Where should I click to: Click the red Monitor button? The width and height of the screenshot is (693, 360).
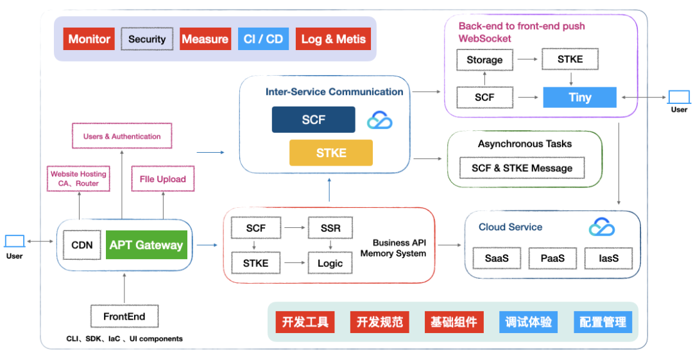point(89,39)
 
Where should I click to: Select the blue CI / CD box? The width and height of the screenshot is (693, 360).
point(263,39)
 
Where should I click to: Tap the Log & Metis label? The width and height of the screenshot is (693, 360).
point(333,39)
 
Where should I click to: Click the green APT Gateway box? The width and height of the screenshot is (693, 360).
point(146,245)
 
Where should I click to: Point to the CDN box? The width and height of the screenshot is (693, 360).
point(82,245)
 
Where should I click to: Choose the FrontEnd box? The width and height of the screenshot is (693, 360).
point(124,316)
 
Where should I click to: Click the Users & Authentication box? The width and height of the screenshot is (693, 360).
point(122,136)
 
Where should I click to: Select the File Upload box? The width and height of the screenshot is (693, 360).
point(163,179)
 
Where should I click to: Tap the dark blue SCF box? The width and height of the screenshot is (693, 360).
point(313,120)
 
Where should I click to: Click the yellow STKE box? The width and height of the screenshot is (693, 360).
point(330,153)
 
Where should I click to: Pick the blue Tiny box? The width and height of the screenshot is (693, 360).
point(579,98)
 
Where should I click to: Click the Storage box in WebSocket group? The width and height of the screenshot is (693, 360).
point(484,60)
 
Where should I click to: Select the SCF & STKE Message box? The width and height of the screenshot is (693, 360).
point(522,168)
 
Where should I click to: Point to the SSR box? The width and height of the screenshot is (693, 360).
point(330,228)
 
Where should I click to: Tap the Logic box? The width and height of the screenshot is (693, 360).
point(330,263)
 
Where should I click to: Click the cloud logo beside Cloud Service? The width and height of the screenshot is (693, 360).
point(602,227)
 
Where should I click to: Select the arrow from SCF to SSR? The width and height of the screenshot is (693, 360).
point(295,228)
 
